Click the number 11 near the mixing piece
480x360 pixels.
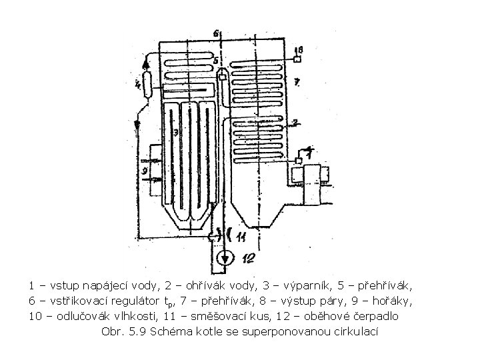(243, 236)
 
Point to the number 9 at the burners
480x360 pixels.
(143, 171)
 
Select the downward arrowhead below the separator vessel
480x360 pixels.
(137, 124)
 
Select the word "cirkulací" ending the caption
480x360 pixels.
(357, 331)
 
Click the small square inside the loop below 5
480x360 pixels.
(221, 77)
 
